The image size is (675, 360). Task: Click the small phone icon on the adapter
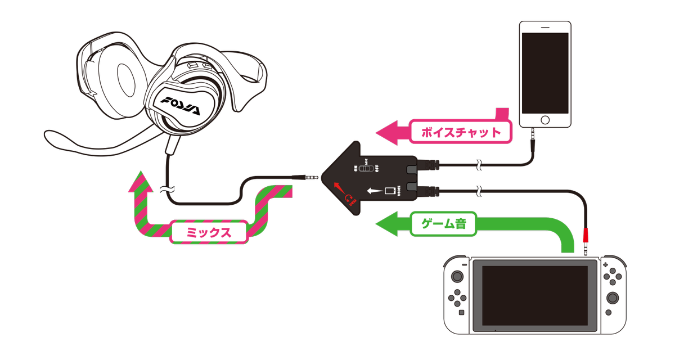coord(389,191)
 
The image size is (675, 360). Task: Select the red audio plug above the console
coord(586,234)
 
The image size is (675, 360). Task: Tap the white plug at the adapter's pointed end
coord(310,177)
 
